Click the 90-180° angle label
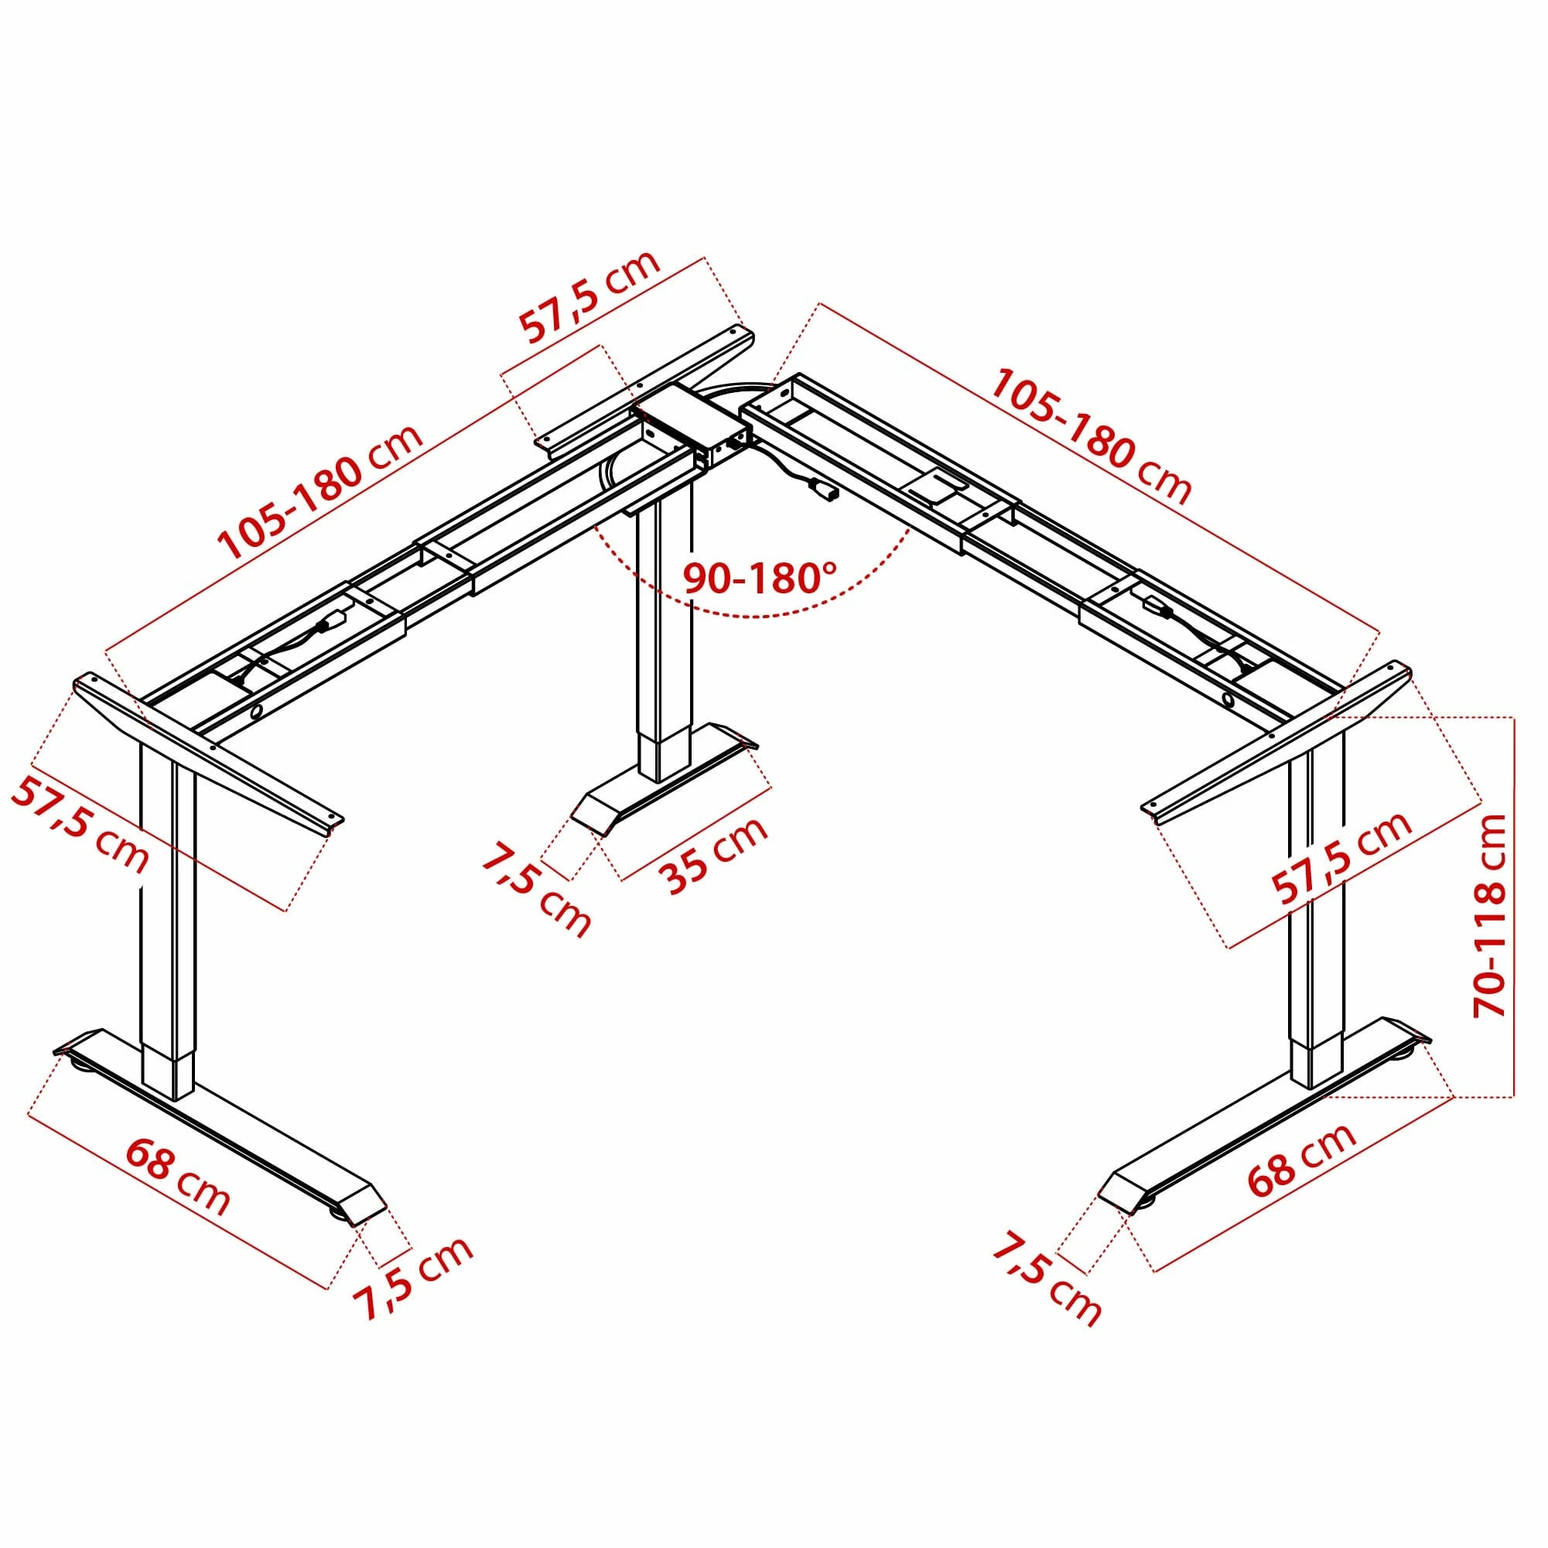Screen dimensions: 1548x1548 point(759,577)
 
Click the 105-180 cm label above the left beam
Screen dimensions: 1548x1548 point(319,492)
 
